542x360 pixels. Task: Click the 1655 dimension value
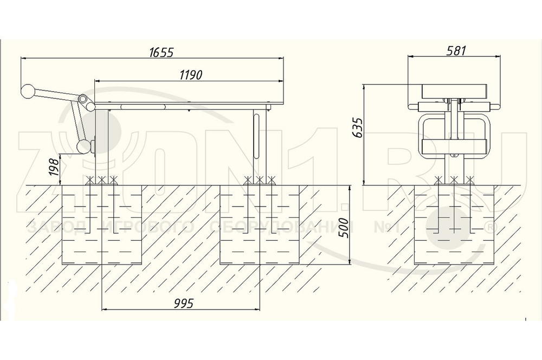pos(161,53)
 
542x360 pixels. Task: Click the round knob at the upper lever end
pos(28,91)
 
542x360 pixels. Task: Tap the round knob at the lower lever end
pos(83,146)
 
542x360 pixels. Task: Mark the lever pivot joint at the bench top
pos(83,100)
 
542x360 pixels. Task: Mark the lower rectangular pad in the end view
pos(455,145)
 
